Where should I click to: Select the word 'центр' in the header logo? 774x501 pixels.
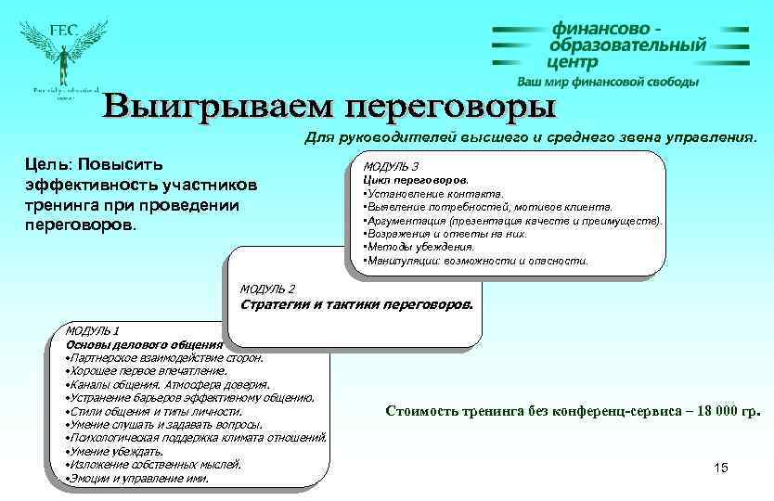[x=573, y=62]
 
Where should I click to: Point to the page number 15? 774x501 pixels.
[x=721, y=467]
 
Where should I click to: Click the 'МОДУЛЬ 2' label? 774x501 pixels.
[x=266, y=289]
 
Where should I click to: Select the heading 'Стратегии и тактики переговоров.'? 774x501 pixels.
[x=356, y=304]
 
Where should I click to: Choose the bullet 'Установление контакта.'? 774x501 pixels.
[x=424, y=193]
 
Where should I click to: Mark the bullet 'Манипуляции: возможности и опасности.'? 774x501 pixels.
[x=474, y=261]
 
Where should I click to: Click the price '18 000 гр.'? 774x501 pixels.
[x=715, y=409]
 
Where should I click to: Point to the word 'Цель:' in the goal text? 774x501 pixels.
[x=45, y=164]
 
